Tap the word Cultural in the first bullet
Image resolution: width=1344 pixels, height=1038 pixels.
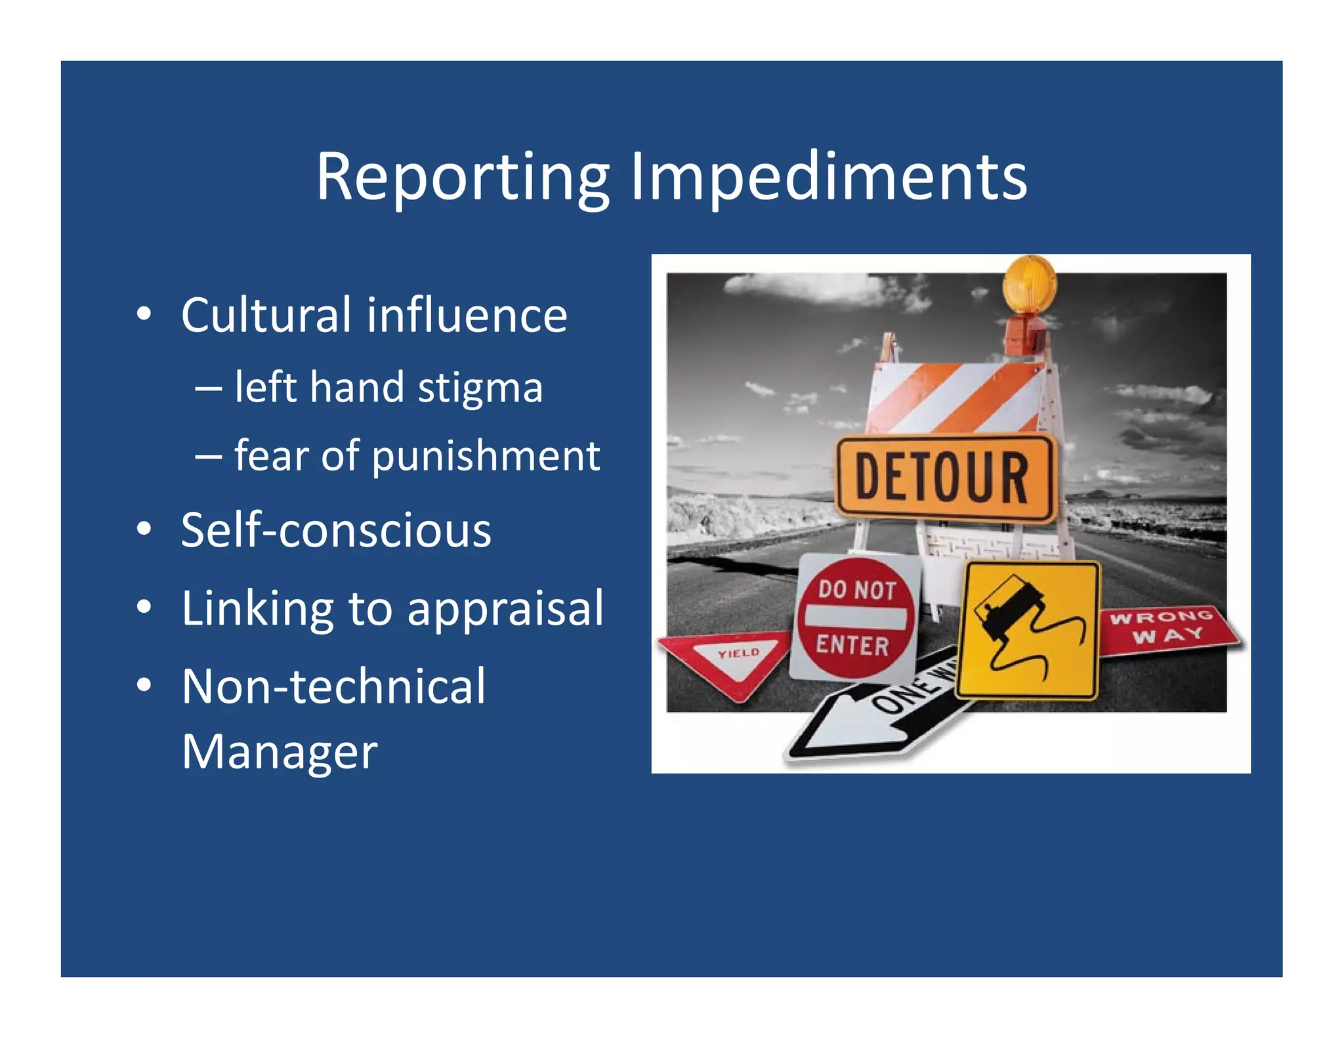(266, 315)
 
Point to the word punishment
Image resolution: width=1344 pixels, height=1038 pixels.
(486, 455)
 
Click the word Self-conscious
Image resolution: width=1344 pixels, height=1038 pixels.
(336, 530)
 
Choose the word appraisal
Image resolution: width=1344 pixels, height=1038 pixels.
(505, 609)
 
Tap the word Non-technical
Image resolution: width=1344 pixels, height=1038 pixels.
(333, 686)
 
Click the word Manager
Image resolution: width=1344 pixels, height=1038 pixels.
(280, 752)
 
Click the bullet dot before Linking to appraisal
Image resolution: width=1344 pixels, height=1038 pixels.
(144, 607)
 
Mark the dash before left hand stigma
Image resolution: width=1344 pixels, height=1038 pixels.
(208, 388)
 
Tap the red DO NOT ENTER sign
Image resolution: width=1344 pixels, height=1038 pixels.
(855, 617)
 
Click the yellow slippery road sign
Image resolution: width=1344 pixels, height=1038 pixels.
(1028, 631)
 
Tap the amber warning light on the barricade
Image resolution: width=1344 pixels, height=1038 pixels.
(1029, 283)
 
